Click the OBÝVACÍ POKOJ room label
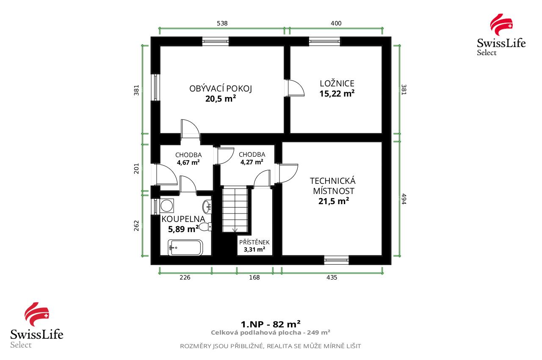point(221,89)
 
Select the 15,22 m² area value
point(337,94)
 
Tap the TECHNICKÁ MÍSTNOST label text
point(333,186)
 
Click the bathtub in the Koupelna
point(185,248)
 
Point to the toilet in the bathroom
point(205,227)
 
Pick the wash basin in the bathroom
point(207,207)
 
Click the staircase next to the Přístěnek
point(235,209)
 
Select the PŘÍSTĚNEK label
point(254,242)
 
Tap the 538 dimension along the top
point(222,24)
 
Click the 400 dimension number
point(336,24)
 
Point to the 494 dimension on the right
point(404,199)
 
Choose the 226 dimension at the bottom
point(185,278)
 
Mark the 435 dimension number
point(332,278)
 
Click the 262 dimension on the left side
point(136,225)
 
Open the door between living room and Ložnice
point(295,88)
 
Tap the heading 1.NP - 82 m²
point(271,324)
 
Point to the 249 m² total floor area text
point(271,333)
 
